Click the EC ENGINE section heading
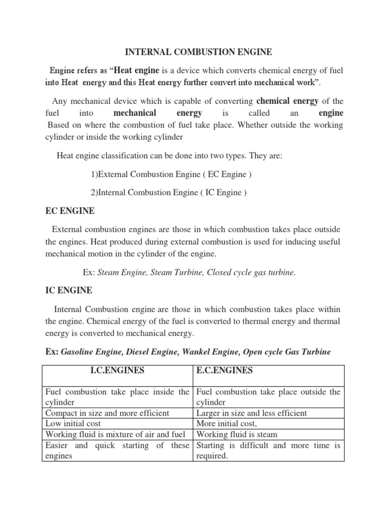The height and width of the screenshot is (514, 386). (x=70, y=211)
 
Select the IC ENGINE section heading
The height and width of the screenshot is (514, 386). (x=69, y=290)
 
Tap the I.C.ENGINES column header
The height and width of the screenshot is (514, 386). (x=117, y=370)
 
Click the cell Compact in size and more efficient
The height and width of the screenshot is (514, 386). (x=107, y=413)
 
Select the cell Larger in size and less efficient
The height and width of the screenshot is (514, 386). (x=251, y=413)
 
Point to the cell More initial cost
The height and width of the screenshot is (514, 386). (x=229, y=424)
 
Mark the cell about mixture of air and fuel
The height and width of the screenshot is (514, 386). (x=116, y=434)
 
